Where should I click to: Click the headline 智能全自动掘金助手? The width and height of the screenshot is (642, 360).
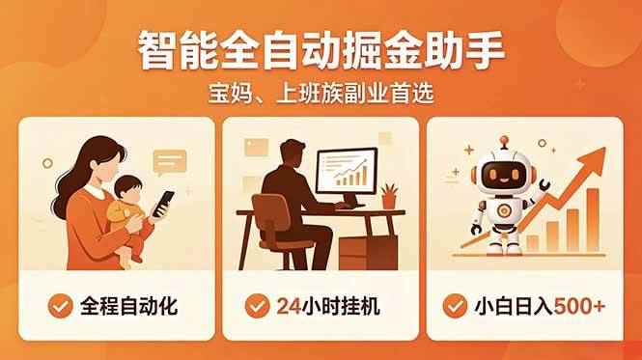[321, 51]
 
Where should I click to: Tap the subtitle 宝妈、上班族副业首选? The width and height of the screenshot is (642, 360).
[321, 94]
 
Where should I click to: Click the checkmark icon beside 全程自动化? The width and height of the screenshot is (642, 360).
[60, 306]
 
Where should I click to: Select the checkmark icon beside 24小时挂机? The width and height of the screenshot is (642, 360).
[257, 306]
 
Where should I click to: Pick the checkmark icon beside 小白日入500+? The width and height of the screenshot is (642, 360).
[455, 306]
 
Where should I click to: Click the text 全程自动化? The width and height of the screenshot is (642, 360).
[128, 306]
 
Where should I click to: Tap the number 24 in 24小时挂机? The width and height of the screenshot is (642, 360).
[289, 306]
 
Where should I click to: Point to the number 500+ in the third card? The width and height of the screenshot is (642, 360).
[579, 306]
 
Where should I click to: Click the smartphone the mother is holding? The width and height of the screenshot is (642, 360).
[163, 204]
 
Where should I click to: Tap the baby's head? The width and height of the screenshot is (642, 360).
[127, 189]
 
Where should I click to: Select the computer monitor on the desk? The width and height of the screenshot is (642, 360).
[347, 172]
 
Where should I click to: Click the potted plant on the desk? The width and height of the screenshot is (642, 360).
[388, 197]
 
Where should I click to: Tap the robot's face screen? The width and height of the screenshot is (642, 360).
[504, 175]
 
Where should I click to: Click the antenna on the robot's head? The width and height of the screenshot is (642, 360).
[504, 144]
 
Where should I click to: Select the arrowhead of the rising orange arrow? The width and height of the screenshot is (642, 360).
[593, 158]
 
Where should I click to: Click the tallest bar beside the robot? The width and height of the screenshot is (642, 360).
[593, 220]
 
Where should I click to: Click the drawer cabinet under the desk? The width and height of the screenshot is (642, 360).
[368, 253]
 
